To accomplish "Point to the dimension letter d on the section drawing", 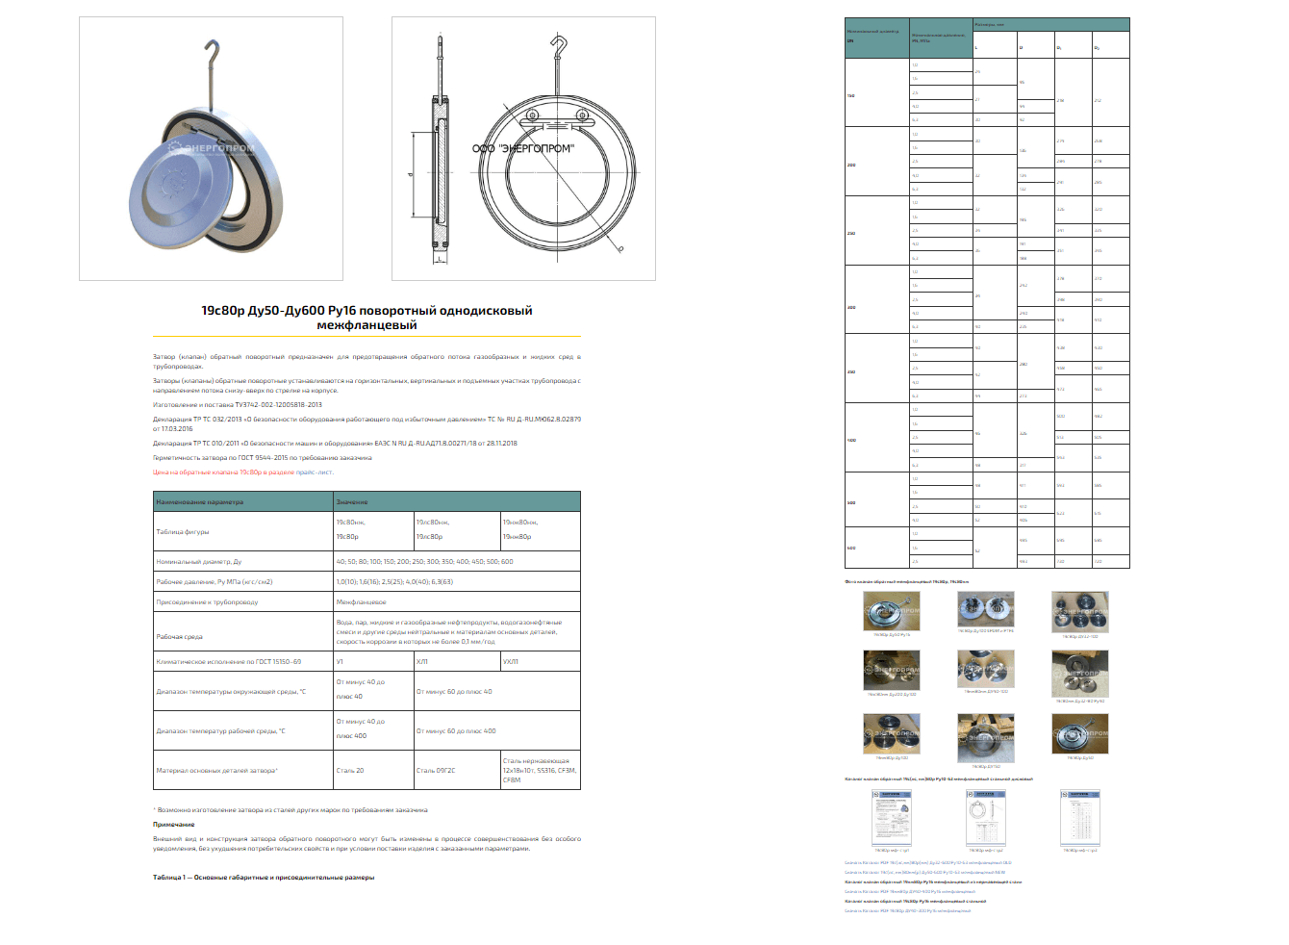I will [x=411, y=175].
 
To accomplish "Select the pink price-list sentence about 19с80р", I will [x=242, y=472].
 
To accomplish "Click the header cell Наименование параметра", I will [x=200, y=502].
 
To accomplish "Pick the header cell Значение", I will [x=352, y=502].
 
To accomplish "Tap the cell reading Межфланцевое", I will [x=361, y=602].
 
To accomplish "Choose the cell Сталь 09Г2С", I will [x=436, y=771].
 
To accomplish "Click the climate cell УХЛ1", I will [x=511, y=662].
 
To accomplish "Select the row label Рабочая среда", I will [x=180, y=637].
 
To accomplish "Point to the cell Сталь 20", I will [x=350, y=771].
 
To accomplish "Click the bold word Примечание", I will [x=174, y=825].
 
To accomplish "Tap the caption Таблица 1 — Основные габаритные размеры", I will [x=264, y=878].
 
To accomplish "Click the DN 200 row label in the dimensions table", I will [x=851, y=165].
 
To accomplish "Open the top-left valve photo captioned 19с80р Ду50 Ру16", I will [x=892, y=612].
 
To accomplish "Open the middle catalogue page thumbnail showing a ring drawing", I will [x=986, y=819].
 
